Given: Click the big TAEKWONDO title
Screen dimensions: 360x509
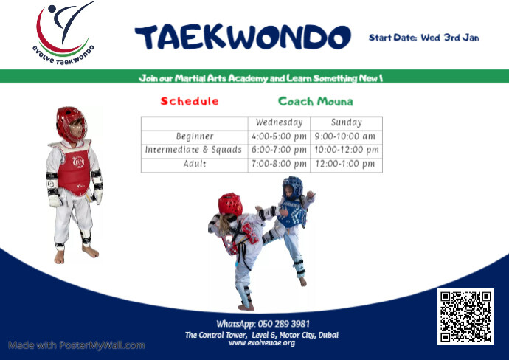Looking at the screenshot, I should tap(242, 37).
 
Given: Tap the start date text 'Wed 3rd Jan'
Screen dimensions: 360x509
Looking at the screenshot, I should tap(449, 37).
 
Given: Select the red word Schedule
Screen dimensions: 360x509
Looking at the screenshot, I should tap(190, 101).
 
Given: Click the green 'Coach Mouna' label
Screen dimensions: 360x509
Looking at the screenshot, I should tap(315, 101).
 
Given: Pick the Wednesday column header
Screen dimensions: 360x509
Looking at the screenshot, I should tap(279, 122).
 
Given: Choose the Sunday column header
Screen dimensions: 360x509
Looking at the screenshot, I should tap(346, 122).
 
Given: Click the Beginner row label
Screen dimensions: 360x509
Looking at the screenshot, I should tap(195, 136).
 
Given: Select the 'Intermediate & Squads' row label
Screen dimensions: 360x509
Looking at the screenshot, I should tap(194, 150).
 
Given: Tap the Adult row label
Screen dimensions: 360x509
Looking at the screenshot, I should tap(195, 164).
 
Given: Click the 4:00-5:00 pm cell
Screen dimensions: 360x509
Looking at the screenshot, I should tap(279, 136).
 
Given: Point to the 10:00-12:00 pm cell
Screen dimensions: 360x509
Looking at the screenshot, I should tap(346, 150).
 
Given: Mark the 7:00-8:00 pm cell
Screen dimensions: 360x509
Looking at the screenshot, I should tap(279, 164).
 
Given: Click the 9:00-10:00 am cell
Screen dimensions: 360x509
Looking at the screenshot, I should tap(346, 136).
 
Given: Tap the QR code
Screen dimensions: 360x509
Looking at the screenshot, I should tap(465, 316).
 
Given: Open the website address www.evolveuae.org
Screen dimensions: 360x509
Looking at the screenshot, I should tap(262, 343).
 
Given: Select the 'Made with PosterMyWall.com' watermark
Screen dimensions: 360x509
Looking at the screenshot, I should tap(77, 345).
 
